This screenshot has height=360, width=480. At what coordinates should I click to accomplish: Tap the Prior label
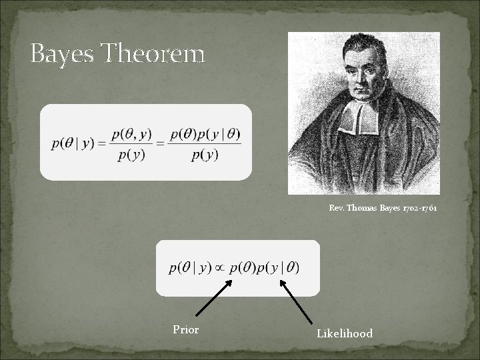click(x=185, y=329)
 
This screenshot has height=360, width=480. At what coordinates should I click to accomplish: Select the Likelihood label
click(x=345, y=333)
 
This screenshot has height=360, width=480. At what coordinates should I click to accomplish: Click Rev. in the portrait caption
click(x=337, y=208)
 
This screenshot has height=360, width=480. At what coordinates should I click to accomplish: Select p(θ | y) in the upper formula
click(x=72, y=145)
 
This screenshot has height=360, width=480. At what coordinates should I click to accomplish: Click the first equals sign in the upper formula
click(x=101, y=145)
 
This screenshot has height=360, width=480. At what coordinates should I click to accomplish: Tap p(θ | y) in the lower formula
click(x=190, y=268)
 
